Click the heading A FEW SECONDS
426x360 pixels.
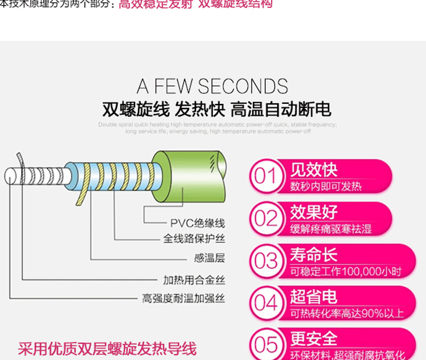tap(212, 86)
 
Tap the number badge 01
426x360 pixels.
tap(265, 176)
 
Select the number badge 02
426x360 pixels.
tap(265, 218)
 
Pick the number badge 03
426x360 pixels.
tap(265, 261)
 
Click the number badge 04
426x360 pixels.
tap(265, 303)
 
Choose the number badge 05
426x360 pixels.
tap(265, 344)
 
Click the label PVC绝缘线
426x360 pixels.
tap(198, 223)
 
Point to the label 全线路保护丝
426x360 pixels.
tap(194, 239)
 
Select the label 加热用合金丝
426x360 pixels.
tap(194, 279)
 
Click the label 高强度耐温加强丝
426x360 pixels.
tap(183, 298)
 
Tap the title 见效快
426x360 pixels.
tap(314, 170)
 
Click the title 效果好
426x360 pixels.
tap(314, 212)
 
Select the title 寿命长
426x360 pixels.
tap(314, 254)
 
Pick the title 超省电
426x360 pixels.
tap(314, 296)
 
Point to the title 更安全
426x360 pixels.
tap(314, 338)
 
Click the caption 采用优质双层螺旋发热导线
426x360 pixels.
tap(107, 348)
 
